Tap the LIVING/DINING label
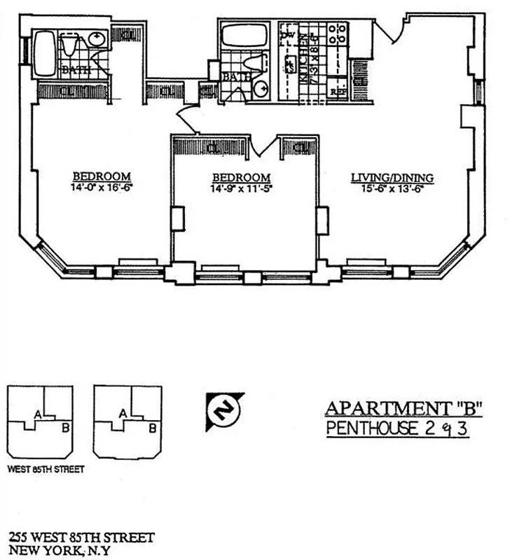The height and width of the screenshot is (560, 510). [392, 178]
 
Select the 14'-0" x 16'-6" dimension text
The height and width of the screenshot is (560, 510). [103, 188]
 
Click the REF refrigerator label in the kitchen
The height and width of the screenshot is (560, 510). [339, 91]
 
